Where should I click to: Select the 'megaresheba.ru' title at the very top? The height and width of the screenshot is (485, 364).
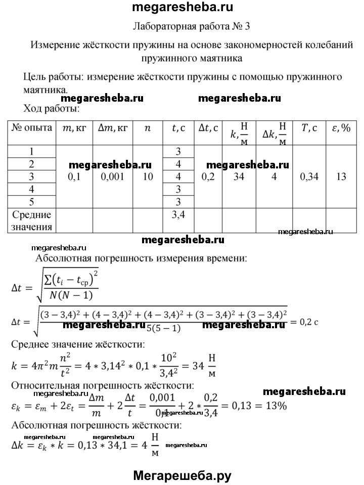pos(181,8)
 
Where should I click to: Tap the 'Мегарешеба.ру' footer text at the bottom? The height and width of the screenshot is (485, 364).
pos(182,475)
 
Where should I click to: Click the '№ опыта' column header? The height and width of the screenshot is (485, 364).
pos(32,128)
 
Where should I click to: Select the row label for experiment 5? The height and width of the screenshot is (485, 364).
pos(32,201)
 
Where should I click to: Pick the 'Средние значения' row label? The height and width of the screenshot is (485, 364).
pos(32,221)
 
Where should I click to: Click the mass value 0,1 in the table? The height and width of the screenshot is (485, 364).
pos(74,177)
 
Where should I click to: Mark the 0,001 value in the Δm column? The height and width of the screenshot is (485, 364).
pos(112,177)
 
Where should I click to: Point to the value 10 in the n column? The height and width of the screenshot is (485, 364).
pos(147,177)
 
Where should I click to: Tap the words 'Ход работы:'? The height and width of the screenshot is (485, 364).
pos(51,108)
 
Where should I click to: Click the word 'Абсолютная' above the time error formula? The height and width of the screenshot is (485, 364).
pos(63,258)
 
